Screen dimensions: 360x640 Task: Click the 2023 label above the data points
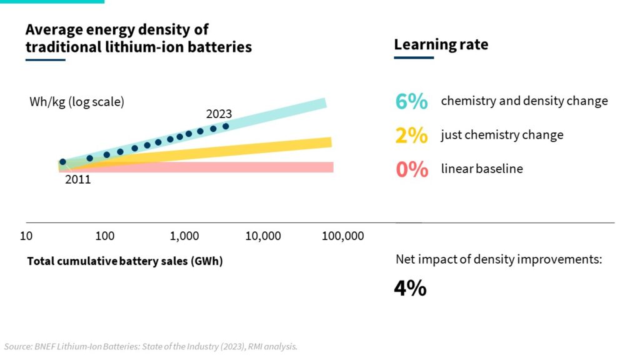[219, 114]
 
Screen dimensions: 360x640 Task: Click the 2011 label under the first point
[78, 179]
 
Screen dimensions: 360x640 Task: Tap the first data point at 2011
[62, 162]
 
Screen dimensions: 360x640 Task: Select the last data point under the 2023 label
[226, 126]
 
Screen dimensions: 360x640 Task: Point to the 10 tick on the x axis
[26, 236]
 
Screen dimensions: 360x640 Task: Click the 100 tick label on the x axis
[105, 236]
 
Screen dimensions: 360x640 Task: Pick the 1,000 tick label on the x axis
[184, 236]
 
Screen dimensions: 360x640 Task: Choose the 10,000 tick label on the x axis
[262, 236]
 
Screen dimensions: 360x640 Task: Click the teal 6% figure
[411, 101]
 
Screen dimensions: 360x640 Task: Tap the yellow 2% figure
[411, 135]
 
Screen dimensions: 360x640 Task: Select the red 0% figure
[412, 169]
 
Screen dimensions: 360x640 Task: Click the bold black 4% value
[410, 288]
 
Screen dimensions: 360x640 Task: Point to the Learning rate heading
[441, 45]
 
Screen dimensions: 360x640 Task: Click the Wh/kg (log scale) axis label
[77, 102]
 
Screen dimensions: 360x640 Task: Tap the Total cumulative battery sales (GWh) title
[125, 261]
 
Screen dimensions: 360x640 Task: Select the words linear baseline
[482, 169]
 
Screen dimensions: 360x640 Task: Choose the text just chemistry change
[502, 135]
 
